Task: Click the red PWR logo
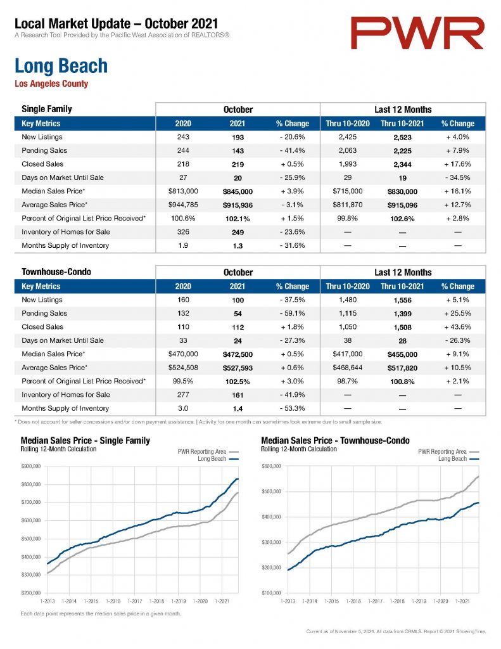pyautogui.click(x=417, y=33)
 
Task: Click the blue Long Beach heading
pyautogui.click(x=61, y=66)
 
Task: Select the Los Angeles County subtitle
pyautogui.click(x=51, y=84)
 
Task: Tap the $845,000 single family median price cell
pyautogui.click(x=238, y=191)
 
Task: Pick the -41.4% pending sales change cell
pyautogui.click(x=292, y=151)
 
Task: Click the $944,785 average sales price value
pyautogui.click(x=183, y=205)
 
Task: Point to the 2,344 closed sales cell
pyautogui.click(x=403, y=165)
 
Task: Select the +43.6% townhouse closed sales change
pyautogui.click(x=457, y=327)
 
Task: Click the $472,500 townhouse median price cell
pyautogui.click(x=238, y=354)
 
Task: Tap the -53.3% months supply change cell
pyautogui.click(x=292, y=409)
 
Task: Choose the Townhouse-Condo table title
pyautogui.click(x=56, y=272)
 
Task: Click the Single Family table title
pyautogui.click(x=47, y=109)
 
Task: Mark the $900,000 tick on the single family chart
pyautogui.click(x=30, y=466)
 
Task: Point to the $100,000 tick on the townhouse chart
pyautogui.click(x=271, y=593)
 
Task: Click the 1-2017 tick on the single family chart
pyautogui.click(x=135, y=601)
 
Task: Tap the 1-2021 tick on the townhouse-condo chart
pyautogui.click(x=462, y=601)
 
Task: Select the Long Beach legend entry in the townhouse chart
pyautogui.click(x=459, y=459)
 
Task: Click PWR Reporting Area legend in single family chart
pyautogui.click(x=208, y=451)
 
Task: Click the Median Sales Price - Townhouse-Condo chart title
pyautogui.click(x=335, y=440)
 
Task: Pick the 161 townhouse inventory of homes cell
pyautogui.click(x=238, y=395)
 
